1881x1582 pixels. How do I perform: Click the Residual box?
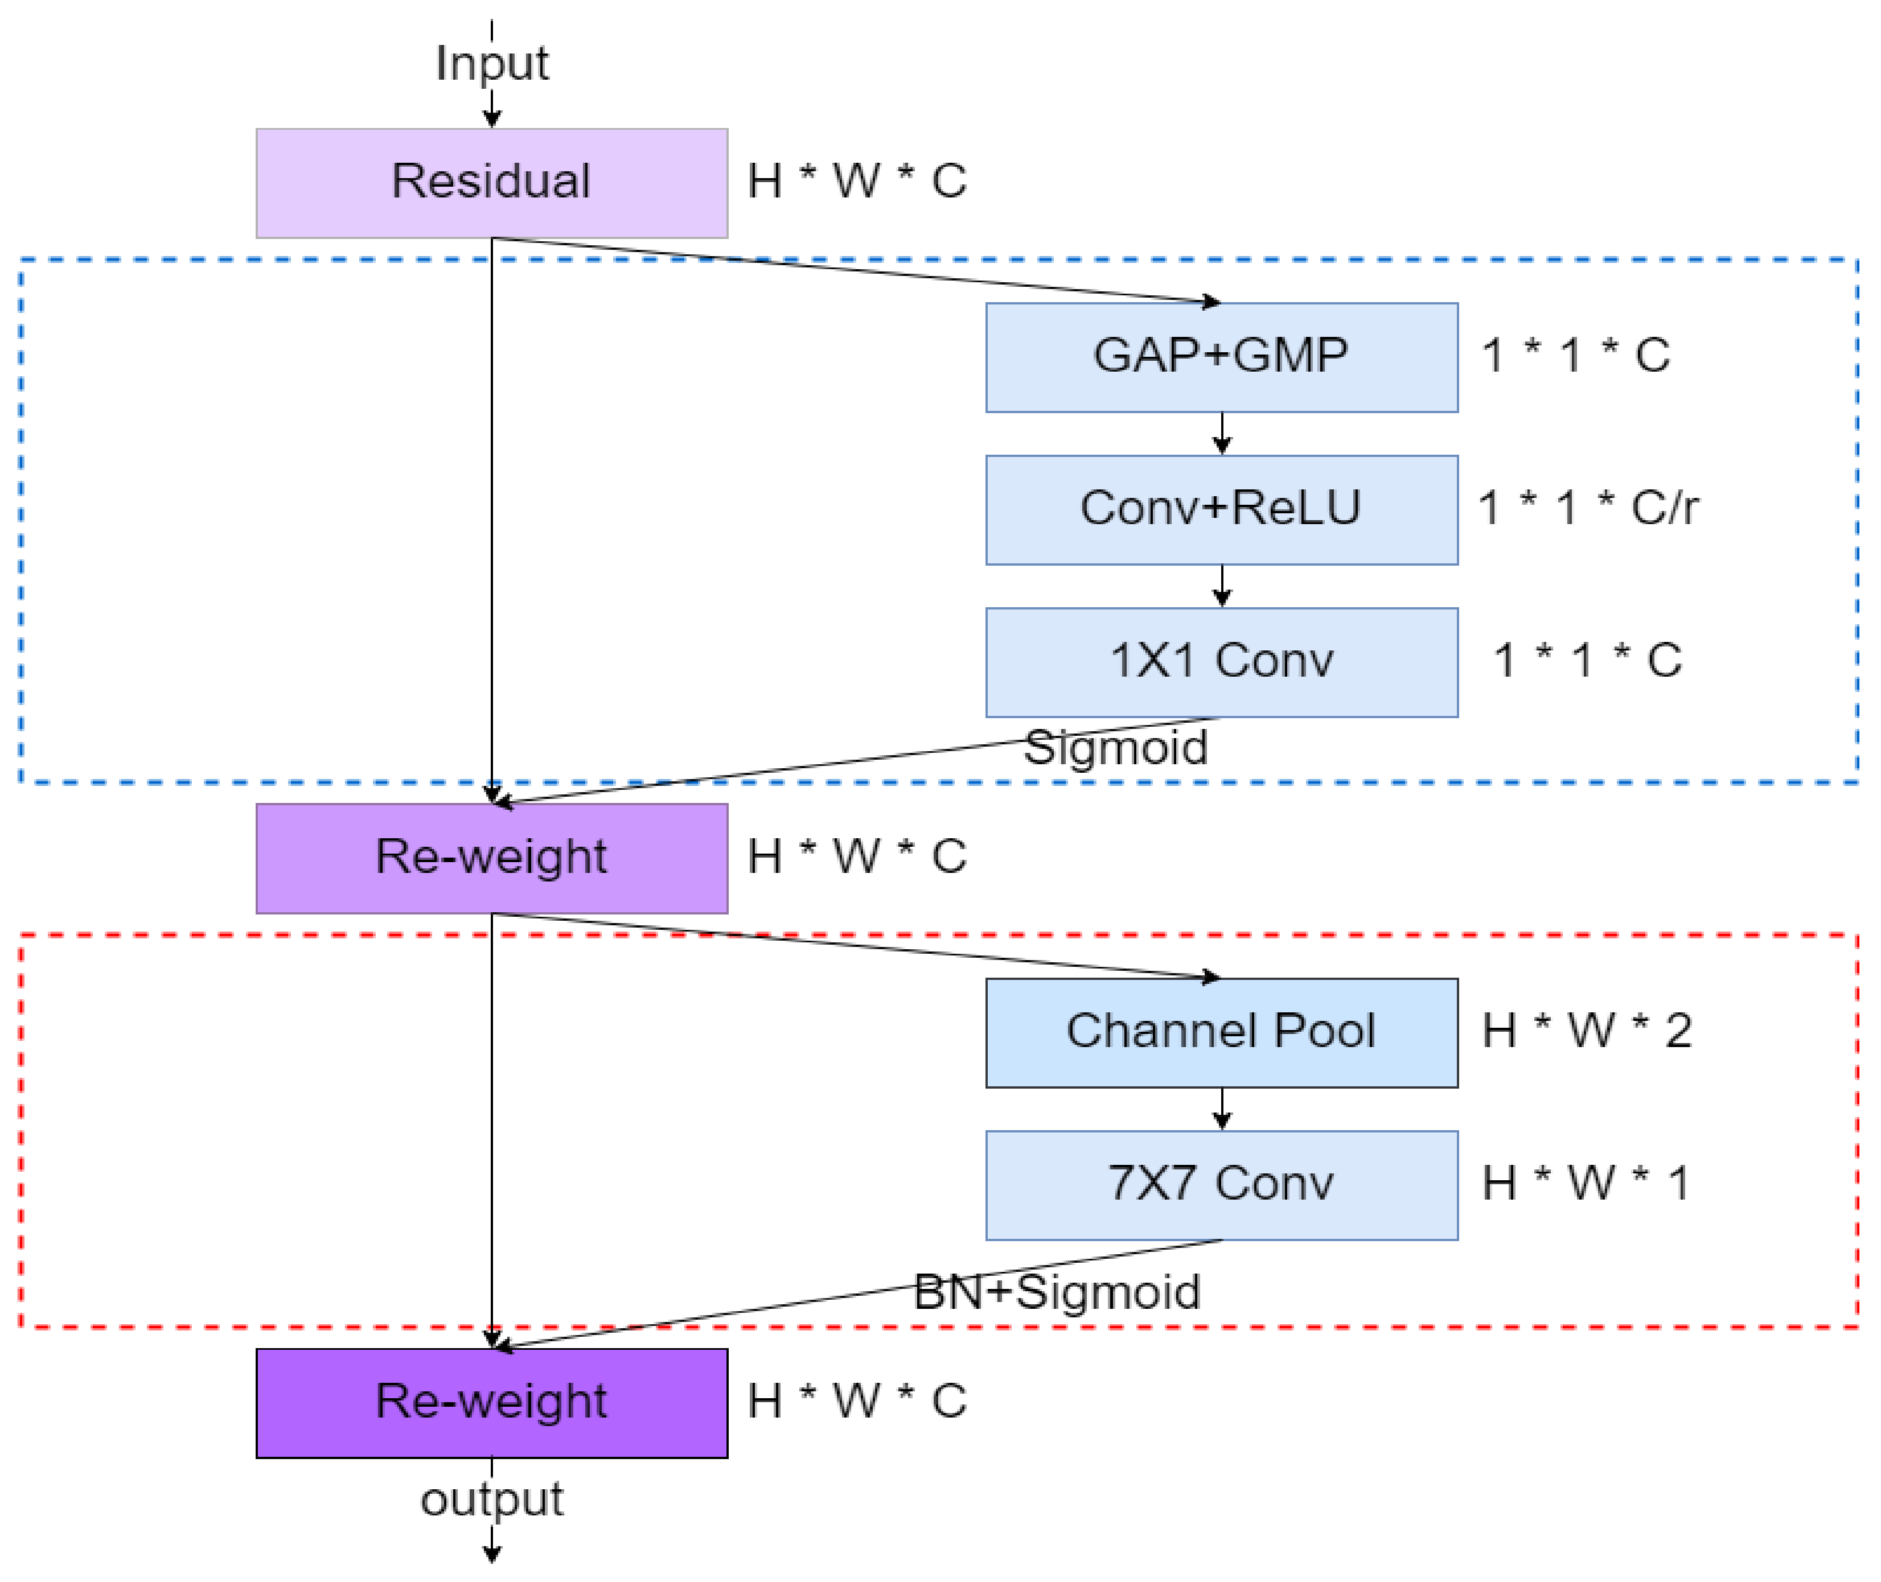(x=491, y=183)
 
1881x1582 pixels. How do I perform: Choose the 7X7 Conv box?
(x=1222, y=1185)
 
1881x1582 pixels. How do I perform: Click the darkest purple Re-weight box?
(x=491, y=1403)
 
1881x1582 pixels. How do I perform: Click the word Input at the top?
(x=491, y=63)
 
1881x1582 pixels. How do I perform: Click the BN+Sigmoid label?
(x=1057, y=1292)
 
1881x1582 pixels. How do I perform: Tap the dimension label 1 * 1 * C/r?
(x=1588, y=509)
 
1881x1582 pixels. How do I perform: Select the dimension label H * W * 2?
(x=1587, y=1031)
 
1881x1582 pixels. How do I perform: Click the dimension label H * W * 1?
(x=1586, y=1183)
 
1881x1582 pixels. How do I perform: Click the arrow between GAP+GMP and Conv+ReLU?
(x=1222, y=434)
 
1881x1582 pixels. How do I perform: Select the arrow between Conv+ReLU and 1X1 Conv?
(x=1222, y=587)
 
